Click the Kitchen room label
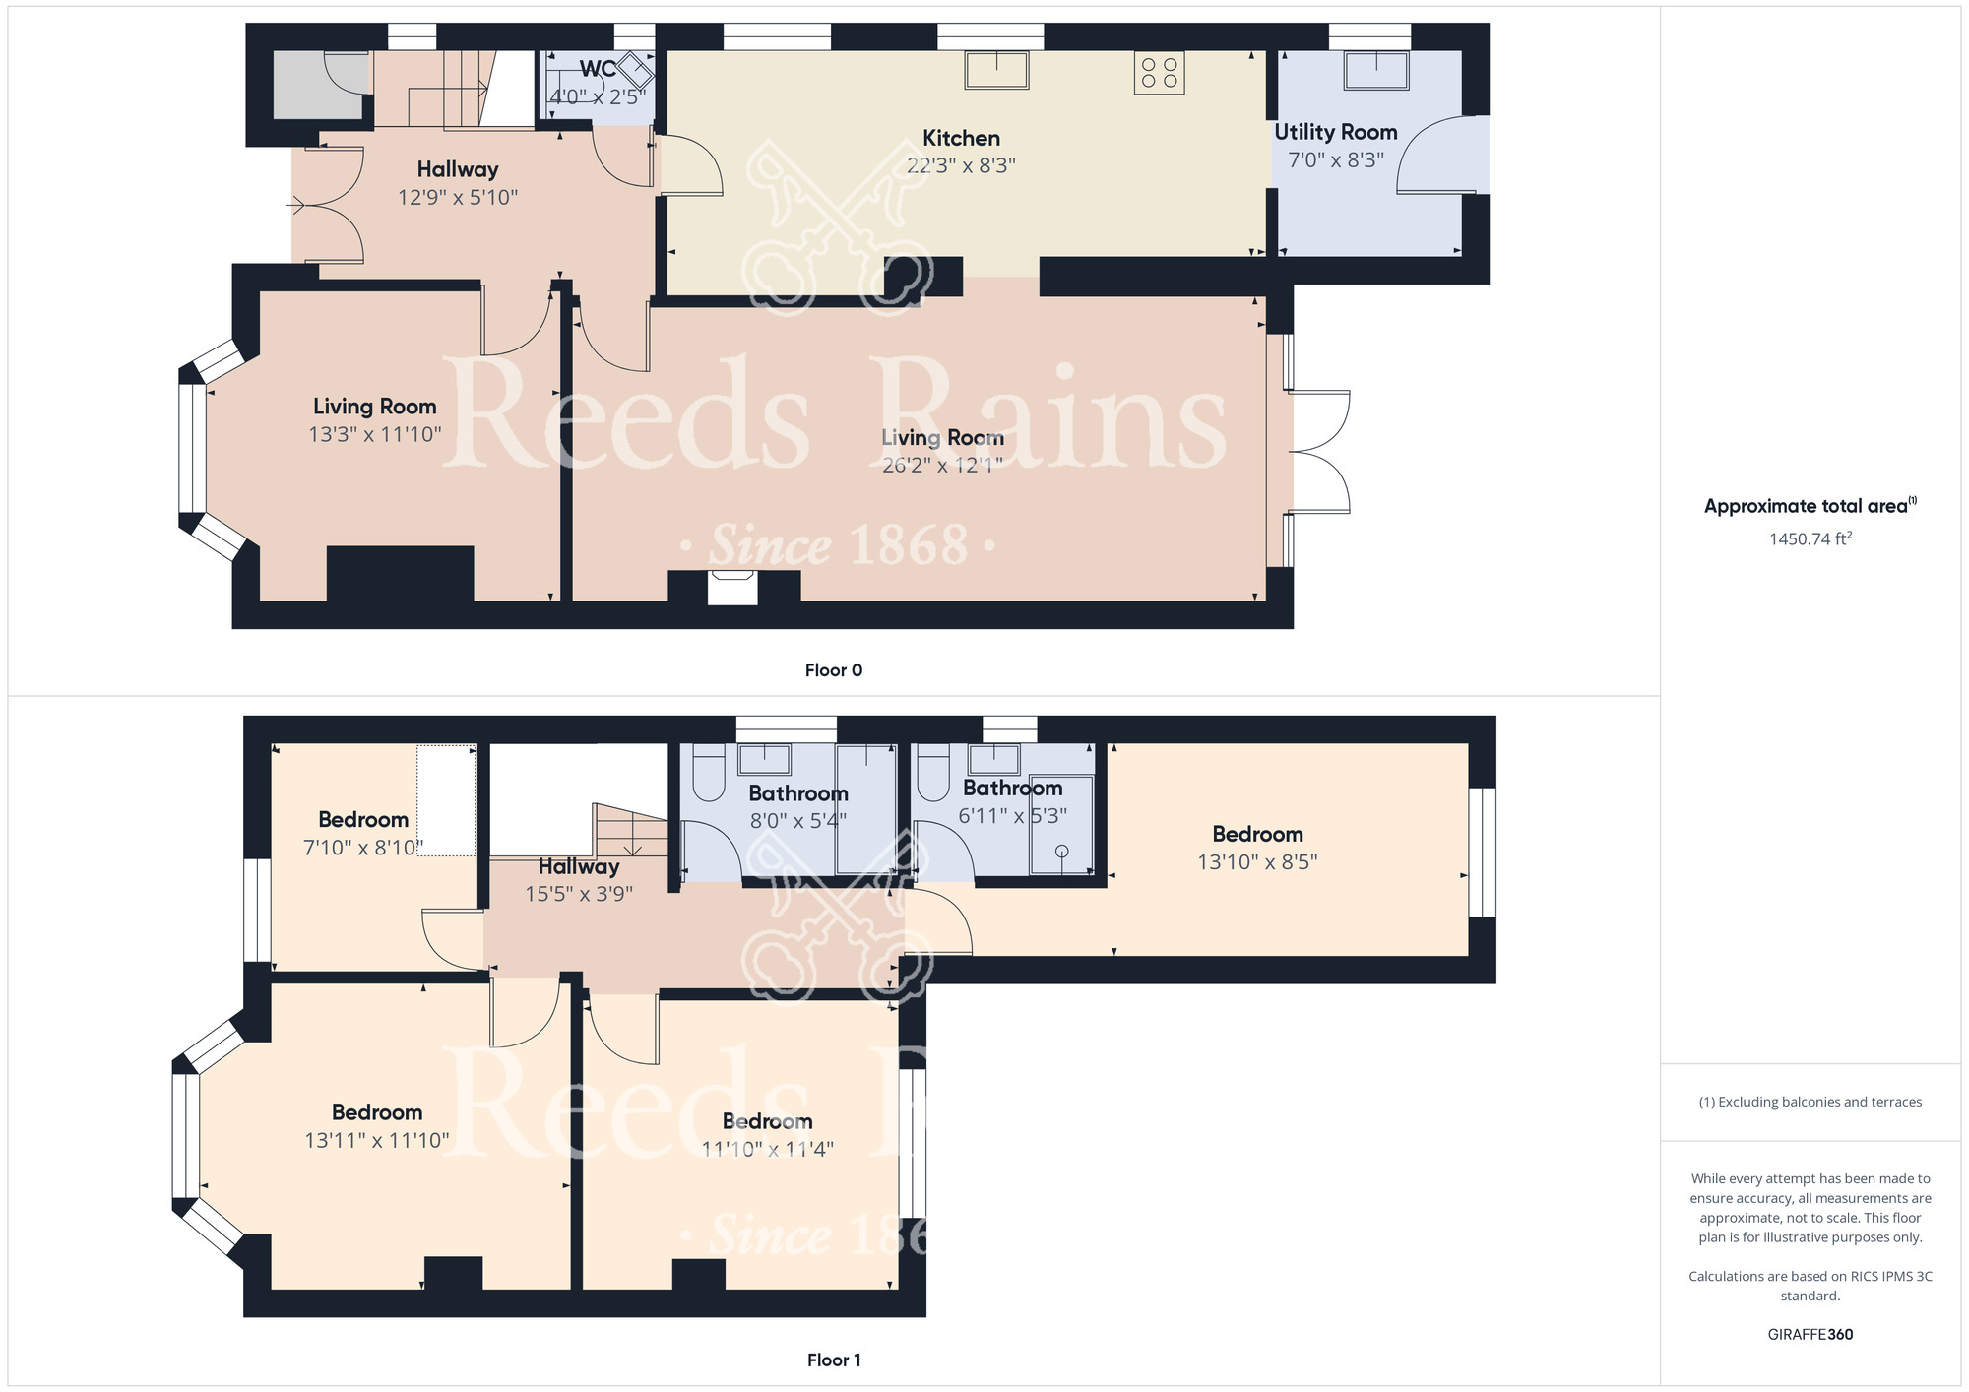[x=961, y=138]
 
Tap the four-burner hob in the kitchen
[x=1159, y=73]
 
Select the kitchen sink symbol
[x=996, y=70]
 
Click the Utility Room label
[x=1336, y=132]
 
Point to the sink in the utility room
[x=1376, y=70]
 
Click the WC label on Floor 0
[x=598, y=69]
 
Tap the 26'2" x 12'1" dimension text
[x=942, y=465]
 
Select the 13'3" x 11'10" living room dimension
[x=375, y=434]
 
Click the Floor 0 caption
[x=834, y=670]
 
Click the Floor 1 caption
[x=834, y=1360]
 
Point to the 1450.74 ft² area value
[x=1810, y=538]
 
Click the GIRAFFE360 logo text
[x=1810, y=1335]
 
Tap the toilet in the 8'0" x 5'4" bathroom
[x=709, y=773]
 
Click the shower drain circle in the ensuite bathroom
[x=1062, y=851]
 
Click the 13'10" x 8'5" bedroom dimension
[x=1257, y=862]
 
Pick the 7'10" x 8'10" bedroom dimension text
[x=363, y=848]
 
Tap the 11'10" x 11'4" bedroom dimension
[x=767, y=1149]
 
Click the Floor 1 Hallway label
[x=579, y=866]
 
